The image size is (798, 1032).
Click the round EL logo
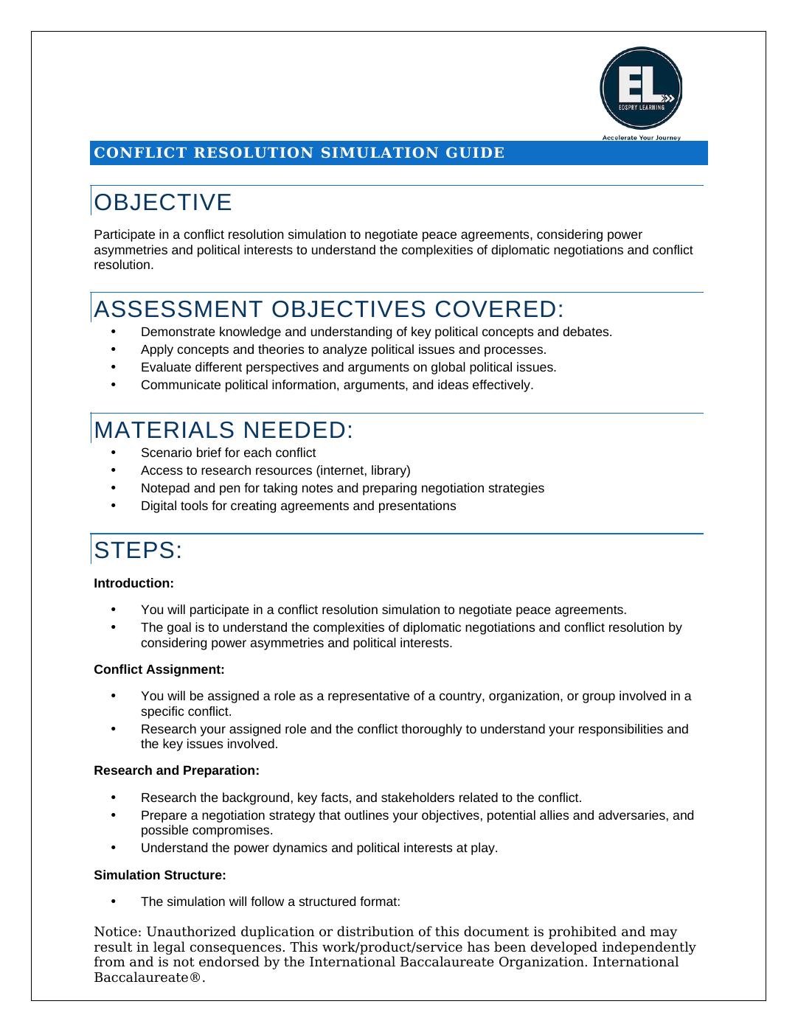[640, 88]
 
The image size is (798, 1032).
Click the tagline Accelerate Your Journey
[641, 138]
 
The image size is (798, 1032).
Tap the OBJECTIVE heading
[163, 203]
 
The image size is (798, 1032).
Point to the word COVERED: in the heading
[498, 309]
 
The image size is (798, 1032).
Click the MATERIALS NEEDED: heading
[223, 430]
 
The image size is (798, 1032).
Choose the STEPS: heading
[138, 551]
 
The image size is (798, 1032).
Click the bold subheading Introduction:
[133, 584]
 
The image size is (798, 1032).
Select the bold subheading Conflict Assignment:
[159, 670]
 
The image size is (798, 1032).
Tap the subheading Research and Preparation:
[176, 771]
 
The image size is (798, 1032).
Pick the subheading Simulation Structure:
[159, 876]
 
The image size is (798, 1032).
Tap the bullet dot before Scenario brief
[114, 452]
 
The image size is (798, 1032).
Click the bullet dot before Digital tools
[114, 505]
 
